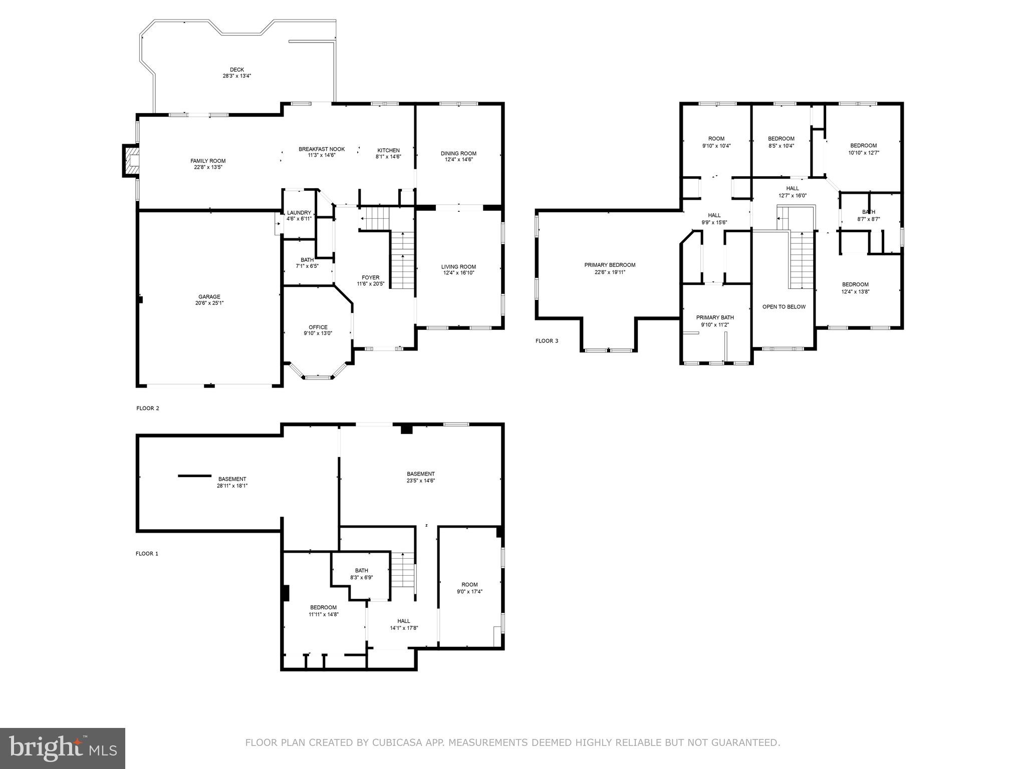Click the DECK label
click(237, 70)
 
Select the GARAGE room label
click(209, 297)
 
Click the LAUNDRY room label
click(299, 213)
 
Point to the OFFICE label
click(318, 327)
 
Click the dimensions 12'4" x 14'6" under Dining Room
click(458, 160)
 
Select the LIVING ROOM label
click(458, 267)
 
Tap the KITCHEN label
click(388, 150)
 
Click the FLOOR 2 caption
click(148, 408)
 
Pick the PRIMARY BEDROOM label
click(610, 265)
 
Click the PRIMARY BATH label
click(715, 317)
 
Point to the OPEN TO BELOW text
click(784, 307)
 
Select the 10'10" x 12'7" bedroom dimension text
click(863, 153)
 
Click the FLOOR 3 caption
click(547, 341)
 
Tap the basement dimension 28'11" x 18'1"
click(232, 486)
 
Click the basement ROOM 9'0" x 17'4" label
click(469, 585)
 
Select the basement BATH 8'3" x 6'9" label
click(361, 571)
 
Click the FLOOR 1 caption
click(147, 554)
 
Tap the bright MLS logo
click(63, 748)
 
